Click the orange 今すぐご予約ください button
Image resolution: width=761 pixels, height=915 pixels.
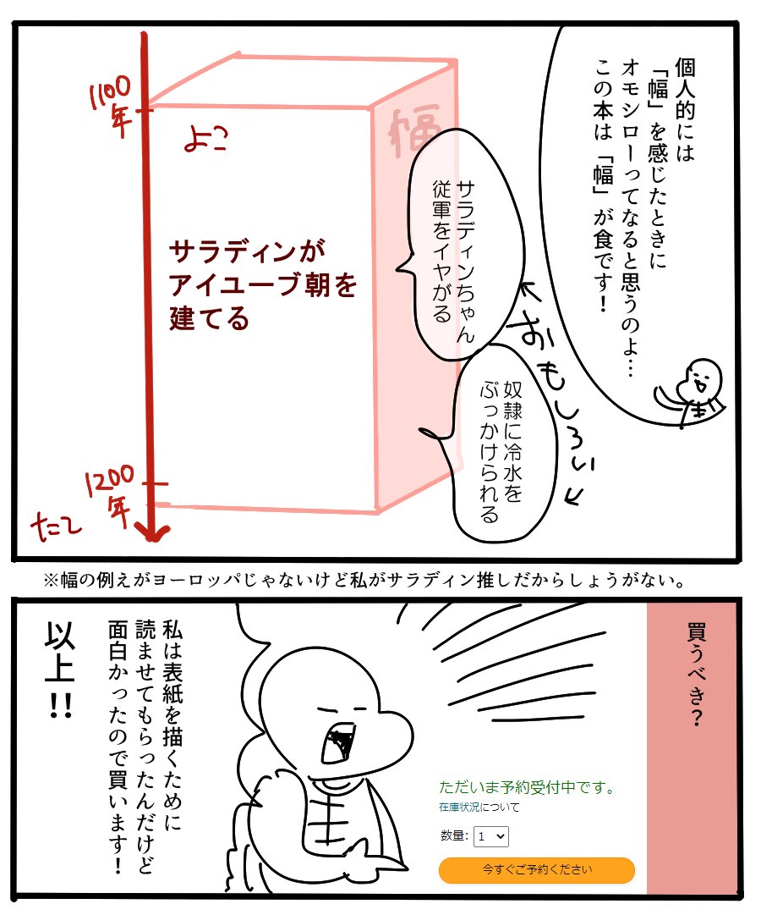[x=536, y=869]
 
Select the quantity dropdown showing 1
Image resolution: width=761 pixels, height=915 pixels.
[x=490, y=836]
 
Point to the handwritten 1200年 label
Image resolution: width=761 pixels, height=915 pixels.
[x=109, y=494]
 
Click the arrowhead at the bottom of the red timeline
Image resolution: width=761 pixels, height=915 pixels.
[x=153, y=532]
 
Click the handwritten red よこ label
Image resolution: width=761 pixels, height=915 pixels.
[x=207, y=140]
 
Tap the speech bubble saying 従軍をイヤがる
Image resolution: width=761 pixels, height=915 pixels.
[x=456, y=245]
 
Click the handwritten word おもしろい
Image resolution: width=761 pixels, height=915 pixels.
[x=550, y=398]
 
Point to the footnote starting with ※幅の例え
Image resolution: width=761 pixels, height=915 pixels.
[x=364, y=582]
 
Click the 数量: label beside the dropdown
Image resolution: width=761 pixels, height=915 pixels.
[x=454, y=836]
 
